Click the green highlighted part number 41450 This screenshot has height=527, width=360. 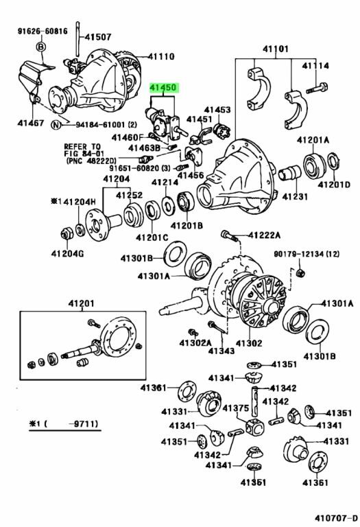pos(163,88)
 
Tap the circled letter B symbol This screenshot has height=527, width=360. pos(40,47)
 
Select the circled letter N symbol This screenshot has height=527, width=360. pos(56,125)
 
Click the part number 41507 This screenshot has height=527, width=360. pos(98,36)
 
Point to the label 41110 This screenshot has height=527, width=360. pos(161,56)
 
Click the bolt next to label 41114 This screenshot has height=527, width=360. pos(317,89)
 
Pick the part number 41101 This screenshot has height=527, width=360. pos(276,49)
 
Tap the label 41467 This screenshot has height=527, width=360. pos(31,123)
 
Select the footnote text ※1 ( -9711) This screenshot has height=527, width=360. pos(64,424)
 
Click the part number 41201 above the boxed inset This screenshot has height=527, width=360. pos(82,303)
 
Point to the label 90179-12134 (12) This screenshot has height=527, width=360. pos(307,254)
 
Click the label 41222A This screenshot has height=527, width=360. pos(264,235)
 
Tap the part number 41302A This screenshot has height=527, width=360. pos(195,342)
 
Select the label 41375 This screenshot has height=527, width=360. pos(236,408)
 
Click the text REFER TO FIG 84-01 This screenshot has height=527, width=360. pos(82,150)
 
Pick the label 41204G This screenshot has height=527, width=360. pos(67,253)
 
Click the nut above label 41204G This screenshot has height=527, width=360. pos(65,233)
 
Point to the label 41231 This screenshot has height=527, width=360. pos(295,196)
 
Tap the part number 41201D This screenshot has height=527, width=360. pos(334,185)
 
